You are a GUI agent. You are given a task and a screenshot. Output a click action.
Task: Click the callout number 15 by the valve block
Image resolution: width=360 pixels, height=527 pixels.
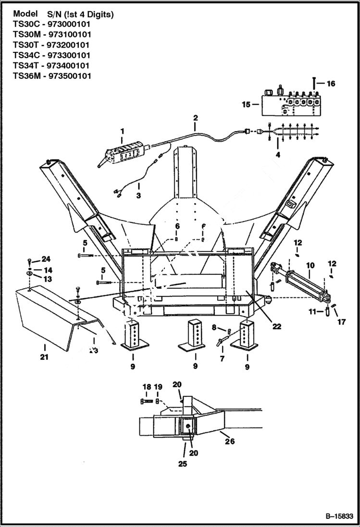click(246, 104)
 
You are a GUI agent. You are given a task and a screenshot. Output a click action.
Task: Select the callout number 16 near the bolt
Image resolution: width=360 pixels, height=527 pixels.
click(331, 84)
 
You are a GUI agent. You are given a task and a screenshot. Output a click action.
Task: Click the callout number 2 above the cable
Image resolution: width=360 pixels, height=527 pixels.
click(195, 117)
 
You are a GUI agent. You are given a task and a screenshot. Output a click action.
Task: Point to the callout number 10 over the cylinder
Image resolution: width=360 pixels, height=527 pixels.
click(310, 265)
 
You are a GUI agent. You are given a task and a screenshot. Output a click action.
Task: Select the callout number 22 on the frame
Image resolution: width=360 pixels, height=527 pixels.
click(276, 326)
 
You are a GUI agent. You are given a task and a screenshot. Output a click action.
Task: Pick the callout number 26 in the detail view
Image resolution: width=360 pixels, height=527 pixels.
click(230, 441)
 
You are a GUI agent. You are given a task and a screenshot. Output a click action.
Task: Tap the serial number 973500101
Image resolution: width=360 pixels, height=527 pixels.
click(70, 76)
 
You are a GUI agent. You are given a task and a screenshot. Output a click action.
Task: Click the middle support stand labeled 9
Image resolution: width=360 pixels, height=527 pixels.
click(195, 336)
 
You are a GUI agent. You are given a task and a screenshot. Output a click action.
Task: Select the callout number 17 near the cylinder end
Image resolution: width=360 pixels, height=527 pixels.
click(341, 322)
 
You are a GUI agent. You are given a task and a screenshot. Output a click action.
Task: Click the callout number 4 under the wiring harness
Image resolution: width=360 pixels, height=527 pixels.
click(277, 155)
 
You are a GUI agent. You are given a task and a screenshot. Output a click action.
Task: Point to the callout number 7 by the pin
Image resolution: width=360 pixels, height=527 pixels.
click(222, 359)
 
